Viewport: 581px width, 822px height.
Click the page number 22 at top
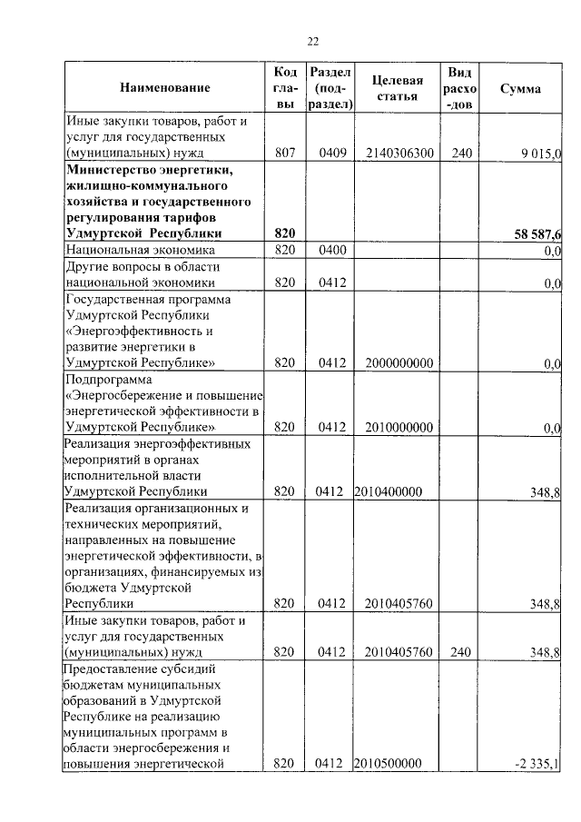pyautogui.click(x=313, y=41)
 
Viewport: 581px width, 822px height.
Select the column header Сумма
pyautogui.click(x=520, y=89)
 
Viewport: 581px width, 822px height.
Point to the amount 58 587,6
pyautogui.click(x=530, y=234)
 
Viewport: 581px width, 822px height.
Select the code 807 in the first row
pyautogui.click(x=285, y=154)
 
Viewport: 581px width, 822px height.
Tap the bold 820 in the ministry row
pyautogui.click(x=285, y=234)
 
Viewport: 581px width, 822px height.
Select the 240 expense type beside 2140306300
pyautogui.click(x=461, y=154)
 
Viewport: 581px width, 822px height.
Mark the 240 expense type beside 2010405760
pyautogui.click(x=461, y=651)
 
